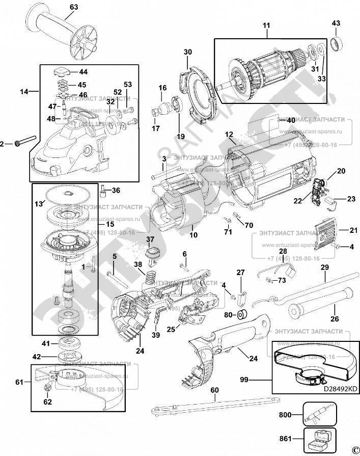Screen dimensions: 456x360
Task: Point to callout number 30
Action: point(187,52)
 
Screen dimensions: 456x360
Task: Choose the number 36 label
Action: point(116,191)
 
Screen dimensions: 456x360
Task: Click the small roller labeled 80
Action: point(243,314)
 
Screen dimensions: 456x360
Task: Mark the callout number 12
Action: point(229,135)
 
